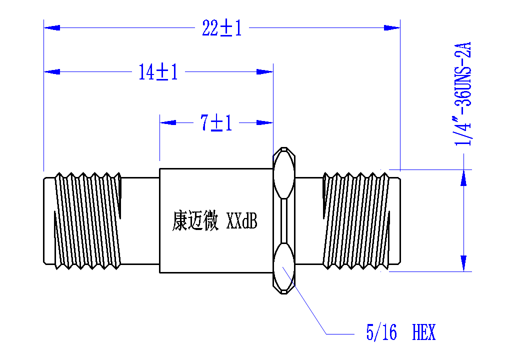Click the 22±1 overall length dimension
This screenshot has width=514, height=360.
(222, 28)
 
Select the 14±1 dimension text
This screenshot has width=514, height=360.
(158, 72)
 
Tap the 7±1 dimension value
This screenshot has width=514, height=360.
(216, 123)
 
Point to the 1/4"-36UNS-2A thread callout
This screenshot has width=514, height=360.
(463, 94)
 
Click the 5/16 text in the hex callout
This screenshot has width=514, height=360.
(381, 332)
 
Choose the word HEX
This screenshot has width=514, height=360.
(424, 332)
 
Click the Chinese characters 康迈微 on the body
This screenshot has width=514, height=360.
(195, 220)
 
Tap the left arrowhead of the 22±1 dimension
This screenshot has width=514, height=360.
(52, 28)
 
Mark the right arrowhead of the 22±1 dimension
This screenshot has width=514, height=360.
(392, 28)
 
